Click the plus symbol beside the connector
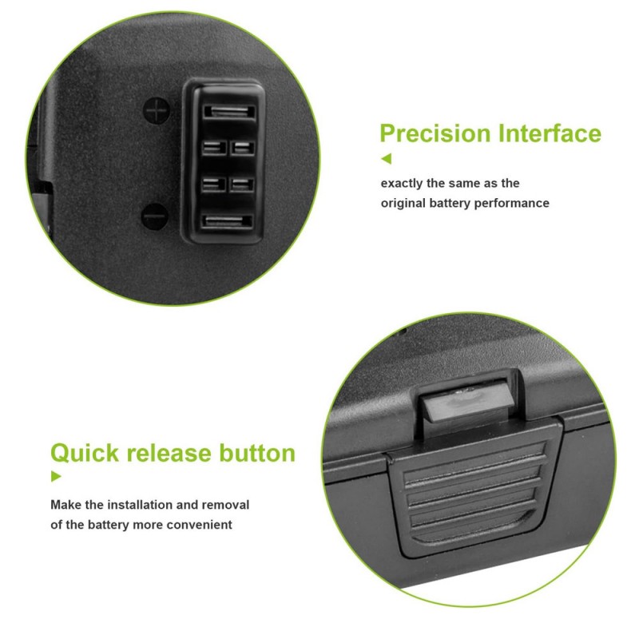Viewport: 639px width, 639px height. pos(157,110)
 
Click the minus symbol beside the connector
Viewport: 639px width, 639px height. pos(155,216)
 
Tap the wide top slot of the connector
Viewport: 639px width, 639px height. pos(229,112)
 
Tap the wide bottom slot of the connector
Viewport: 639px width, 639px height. pos(228,222)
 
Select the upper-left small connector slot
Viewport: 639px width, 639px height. pos(214,148)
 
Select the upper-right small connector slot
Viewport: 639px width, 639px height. pos(243,148)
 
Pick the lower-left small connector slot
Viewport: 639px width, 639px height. pos(213,185)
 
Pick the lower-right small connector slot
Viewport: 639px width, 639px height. pos(242,185)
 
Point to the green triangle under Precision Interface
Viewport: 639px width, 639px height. pos(386,158)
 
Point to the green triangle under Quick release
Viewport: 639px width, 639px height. pos(56,476)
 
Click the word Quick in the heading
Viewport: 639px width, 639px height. pos(85,453)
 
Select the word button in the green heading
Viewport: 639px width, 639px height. pos(257,453)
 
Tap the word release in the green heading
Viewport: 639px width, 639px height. pos(169,453)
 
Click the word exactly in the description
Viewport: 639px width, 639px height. pos(402,184)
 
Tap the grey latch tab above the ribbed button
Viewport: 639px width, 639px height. pos(467,403)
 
